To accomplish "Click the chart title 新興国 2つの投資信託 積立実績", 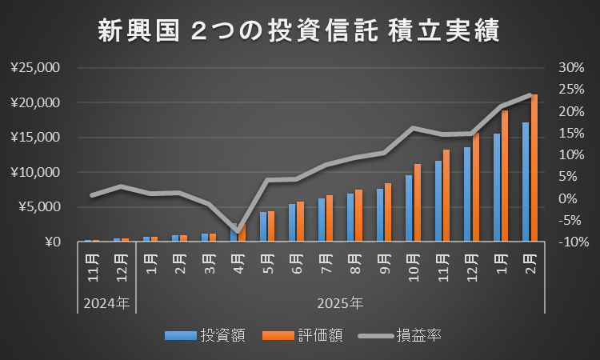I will click(298, 31).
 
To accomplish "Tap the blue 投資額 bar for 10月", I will click(409, 208).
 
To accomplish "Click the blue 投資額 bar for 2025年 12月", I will click(467, 194).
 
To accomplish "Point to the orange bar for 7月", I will click(330, 218).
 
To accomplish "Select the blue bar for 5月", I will click(263, 226).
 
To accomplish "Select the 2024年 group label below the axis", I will click(107, 304).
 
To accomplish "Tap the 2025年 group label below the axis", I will click(340, 304).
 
